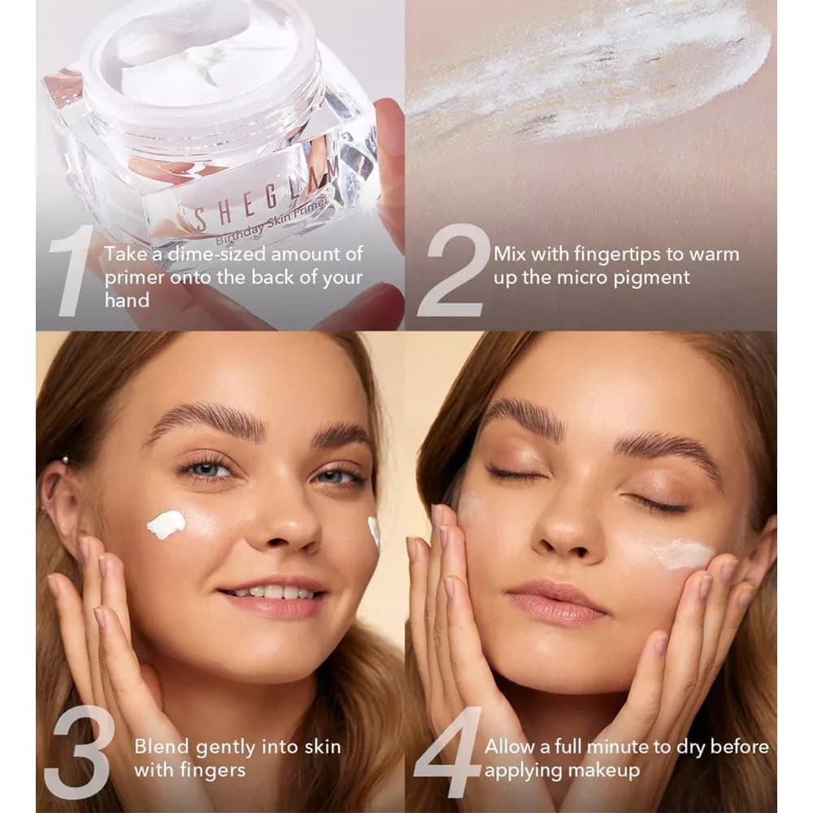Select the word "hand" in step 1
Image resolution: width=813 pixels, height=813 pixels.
127,300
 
